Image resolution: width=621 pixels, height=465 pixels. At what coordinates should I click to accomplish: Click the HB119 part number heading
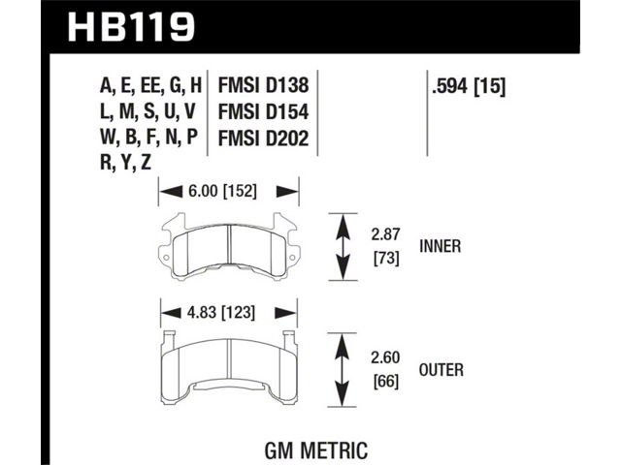(132, 27)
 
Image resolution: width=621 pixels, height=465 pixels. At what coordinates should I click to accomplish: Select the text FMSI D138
(263, 85)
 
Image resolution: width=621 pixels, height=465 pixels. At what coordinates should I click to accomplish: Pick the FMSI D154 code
(263, 112)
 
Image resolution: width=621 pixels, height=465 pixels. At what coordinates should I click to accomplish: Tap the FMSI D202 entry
(263, 139)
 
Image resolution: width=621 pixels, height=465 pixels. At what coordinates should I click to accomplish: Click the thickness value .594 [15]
(469, 86)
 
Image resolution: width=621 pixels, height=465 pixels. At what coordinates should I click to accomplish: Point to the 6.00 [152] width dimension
(222, 192)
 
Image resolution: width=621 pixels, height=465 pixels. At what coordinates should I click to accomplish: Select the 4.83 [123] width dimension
(221, 313)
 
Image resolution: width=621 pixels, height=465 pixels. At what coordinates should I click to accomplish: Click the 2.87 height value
(386, 234)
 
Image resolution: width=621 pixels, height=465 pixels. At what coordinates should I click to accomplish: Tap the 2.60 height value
(386, 357)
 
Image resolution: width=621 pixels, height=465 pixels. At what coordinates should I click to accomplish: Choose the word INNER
(441, 246)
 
